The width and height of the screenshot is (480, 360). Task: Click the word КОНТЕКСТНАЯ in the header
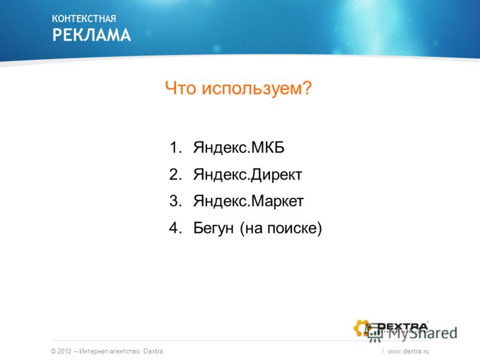84,19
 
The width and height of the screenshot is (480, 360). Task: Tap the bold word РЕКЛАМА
92,35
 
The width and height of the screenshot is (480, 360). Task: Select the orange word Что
181,88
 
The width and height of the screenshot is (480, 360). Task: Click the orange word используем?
257,89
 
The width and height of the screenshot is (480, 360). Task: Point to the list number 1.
175,147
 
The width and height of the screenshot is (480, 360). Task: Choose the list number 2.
175,174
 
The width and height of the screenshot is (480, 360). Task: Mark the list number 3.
175,201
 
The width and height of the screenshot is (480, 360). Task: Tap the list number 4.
175,228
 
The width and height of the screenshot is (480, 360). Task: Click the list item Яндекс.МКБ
239,148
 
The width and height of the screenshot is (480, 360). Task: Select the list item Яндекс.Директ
248,175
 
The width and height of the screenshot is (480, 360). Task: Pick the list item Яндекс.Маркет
248,202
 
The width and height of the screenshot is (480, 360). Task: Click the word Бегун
214,229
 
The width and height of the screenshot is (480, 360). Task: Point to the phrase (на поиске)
281,229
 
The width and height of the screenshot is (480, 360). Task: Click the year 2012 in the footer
64,351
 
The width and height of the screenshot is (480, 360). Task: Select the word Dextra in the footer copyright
153,351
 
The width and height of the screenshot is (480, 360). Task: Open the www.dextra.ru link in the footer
408,351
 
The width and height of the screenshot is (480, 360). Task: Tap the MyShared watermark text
422,334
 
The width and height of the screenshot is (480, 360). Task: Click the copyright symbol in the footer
53,351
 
